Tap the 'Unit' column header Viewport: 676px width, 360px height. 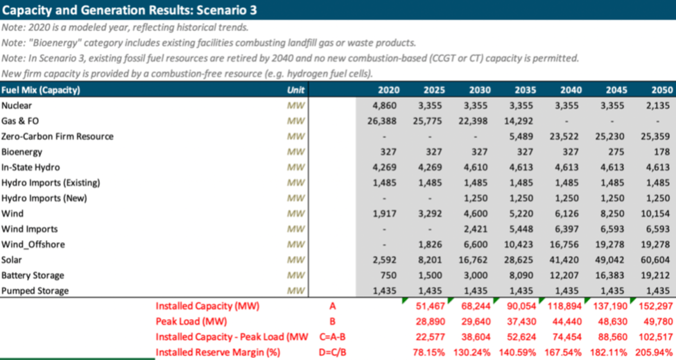[x=296, y=90]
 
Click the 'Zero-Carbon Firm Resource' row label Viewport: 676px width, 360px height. [x=58, y=136]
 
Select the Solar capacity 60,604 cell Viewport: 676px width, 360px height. [x=657, y=259]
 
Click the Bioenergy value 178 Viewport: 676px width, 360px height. [x=663, y=151]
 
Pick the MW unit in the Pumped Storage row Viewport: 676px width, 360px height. [x=296, y=290]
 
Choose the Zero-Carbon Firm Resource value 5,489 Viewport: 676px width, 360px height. [x=526, y=136]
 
